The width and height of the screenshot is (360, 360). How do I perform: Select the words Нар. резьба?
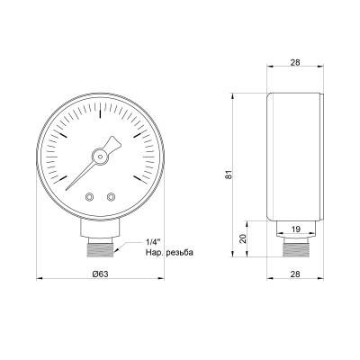tap(168, 252)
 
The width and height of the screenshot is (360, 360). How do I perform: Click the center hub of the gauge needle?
tap(100, 155)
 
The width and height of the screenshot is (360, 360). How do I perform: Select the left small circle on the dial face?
tap(89, 196)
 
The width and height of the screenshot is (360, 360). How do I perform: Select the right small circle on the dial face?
tap(111, 196)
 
